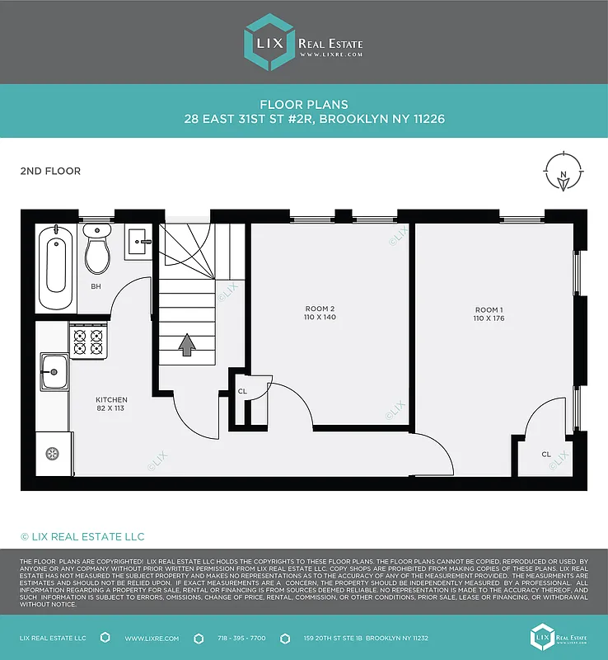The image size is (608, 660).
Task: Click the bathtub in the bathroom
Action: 56,262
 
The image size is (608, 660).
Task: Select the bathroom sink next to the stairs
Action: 138,242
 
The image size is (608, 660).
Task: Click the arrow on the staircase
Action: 188,344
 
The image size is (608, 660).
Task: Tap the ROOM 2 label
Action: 320,309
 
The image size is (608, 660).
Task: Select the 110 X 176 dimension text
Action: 489,318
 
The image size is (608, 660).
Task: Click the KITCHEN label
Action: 110,399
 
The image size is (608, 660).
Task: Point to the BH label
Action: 96,286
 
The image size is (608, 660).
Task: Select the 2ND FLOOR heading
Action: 50,172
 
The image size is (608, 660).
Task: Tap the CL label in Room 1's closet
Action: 546,455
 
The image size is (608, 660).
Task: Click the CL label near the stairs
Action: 242,392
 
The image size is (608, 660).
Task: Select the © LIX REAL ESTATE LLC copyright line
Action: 82,536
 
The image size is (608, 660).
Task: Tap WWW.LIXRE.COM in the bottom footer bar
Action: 148,639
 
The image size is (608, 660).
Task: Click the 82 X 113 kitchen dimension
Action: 110,408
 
